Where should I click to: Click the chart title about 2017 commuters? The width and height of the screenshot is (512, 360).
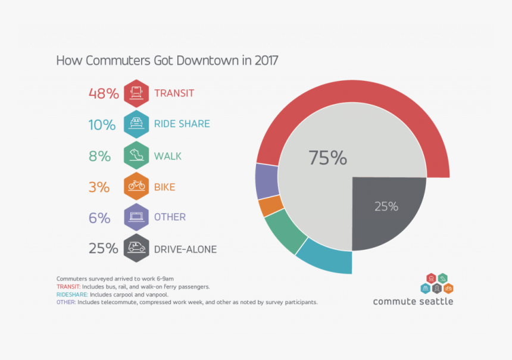[167, 61]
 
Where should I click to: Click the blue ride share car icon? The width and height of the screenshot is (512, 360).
[136, 124]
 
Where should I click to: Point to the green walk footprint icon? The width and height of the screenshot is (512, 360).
[136, 156]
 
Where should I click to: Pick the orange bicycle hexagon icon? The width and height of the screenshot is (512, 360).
[136, 186]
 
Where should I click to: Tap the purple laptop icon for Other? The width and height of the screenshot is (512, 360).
[136, 217]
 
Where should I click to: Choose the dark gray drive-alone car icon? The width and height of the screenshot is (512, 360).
[136, 248]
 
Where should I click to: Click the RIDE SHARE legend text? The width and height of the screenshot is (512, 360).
[182, 124]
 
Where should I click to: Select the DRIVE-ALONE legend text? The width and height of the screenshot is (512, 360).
[185, 249]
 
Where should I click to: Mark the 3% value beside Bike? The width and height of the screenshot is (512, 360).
[99, 187]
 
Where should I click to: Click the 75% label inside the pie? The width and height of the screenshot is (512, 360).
[327, 158]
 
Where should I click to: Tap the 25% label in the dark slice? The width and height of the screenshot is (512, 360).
[386, 206]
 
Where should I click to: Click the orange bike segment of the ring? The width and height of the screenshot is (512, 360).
[271, 206]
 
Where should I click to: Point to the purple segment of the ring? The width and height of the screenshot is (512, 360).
[266, 180]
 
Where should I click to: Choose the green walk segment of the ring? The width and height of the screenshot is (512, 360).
[285, 231]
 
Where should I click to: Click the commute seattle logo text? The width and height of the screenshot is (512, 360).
[413, 301]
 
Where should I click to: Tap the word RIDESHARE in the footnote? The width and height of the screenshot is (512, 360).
[72, 295]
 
